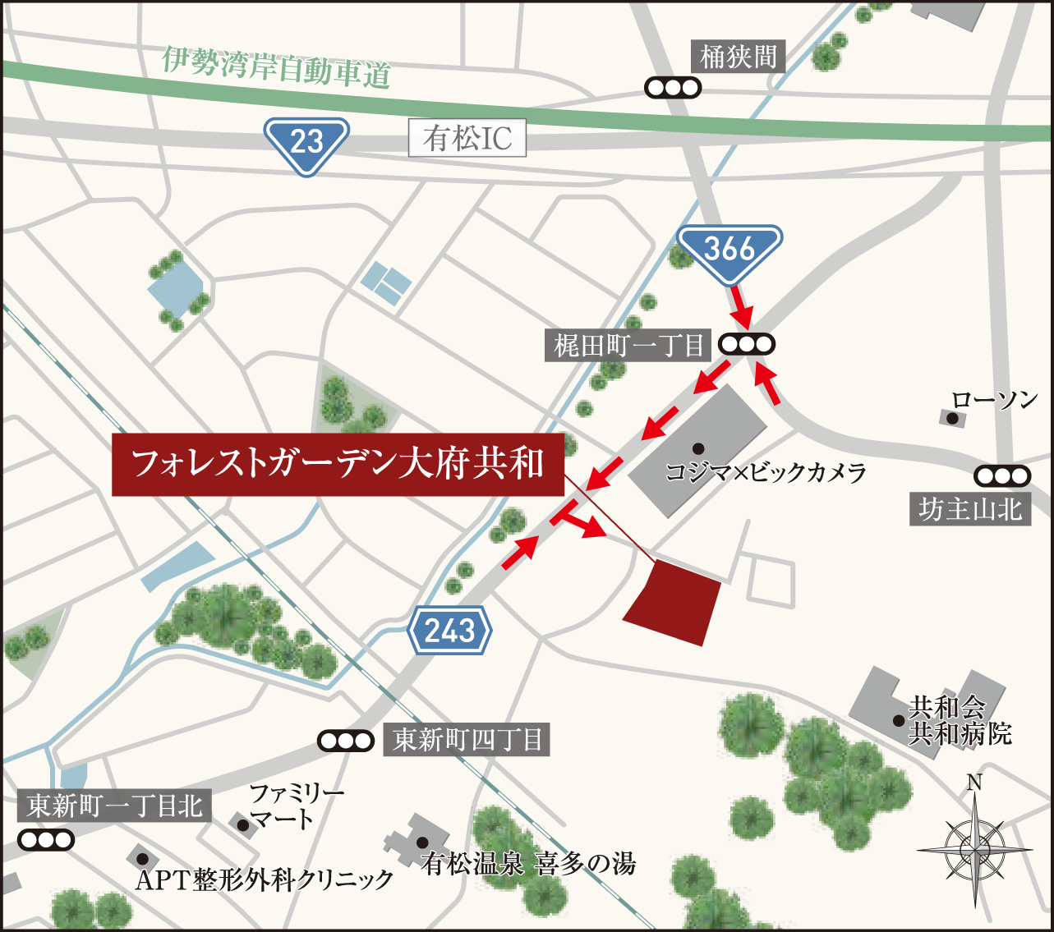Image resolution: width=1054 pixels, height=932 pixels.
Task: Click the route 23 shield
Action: [x=306, y=142]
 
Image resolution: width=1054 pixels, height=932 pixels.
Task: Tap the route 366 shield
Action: [x=730, y=249]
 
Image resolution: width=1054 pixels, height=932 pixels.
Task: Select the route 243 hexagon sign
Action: [x=450, y=631]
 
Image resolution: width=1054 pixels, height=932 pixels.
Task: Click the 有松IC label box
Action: [x=467, y=139]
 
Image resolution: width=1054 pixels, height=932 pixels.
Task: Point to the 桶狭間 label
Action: [x=738, y=57]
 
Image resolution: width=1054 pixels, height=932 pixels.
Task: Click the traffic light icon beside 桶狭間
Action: [x=673, y=87]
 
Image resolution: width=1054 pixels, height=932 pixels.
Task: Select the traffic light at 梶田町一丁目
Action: [x=747, y=345]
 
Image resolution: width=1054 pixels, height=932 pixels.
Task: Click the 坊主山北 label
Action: [x=970, y=510]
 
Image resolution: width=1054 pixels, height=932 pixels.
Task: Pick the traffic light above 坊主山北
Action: [x=1002, y=475]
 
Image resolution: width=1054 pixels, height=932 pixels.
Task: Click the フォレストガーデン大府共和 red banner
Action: [x=338, y=464]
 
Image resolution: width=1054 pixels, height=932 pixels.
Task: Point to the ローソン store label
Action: [x=995, y=401]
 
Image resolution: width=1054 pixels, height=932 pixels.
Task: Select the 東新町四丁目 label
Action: [x=467, y=741]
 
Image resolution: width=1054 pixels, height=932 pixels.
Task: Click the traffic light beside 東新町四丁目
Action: [x=346, y=741]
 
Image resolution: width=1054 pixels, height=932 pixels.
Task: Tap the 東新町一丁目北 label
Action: [x=115, y=806]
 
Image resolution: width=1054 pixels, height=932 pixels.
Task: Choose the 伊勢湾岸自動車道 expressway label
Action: [x=276, y=68]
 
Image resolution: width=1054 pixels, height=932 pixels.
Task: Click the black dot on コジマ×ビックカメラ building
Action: [x=697, y=448]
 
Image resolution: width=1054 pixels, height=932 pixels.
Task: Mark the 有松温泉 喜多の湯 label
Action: [x=529, y=864]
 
